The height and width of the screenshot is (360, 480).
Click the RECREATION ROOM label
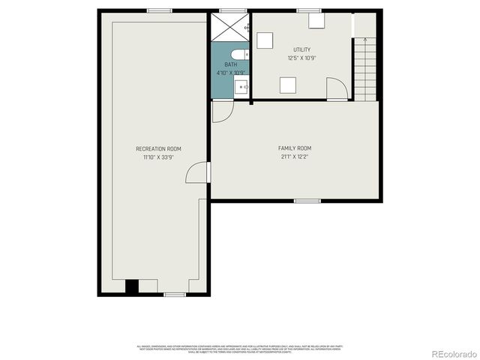[x=158, y=148]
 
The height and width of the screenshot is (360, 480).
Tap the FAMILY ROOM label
[x=294, y=148]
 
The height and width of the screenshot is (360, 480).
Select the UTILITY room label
[x=302, y=49]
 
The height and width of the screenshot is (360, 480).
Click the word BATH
[x=230, y=65]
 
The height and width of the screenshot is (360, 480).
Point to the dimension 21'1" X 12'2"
[x=294, y=157]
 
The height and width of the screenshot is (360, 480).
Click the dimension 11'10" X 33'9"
[x=158, y=157]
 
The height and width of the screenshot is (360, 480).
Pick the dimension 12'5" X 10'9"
[x=302, y=58]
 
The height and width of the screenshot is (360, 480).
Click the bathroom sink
[x=242, y=87]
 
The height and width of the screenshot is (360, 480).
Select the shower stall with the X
[x=229, y=28]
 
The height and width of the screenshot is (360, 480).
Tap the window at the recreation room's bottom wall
[x=174, y=294]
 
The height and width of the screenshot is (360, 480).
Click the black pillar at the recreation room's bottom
[x=132, y=286]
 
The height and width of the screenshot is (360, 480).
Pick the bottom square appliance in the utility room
[x=288, y=85]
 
